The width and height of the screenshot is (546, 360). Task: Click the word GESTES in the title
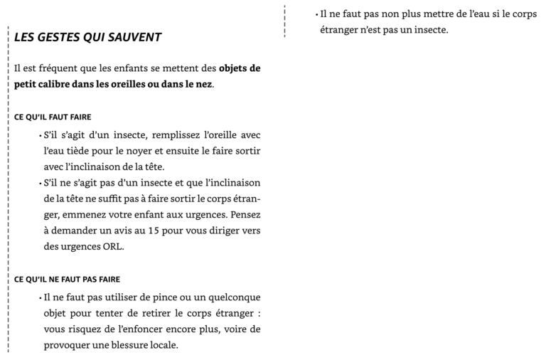pyautogui.click(x=63, y=37)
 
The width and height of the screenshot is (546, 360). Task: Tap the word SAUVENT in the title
pyautogui.click(x=136, y=37)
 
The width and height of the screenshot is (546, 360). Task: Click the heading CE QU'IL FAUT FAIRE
pyautogui.click(x=53, y=117)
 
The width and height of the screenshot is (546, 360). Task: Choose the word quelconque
pyautogui.click(x=230, y=297)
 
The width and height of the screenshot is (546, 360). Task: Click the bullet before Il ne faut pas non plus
pyautogui.click(x=316, y=14)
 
